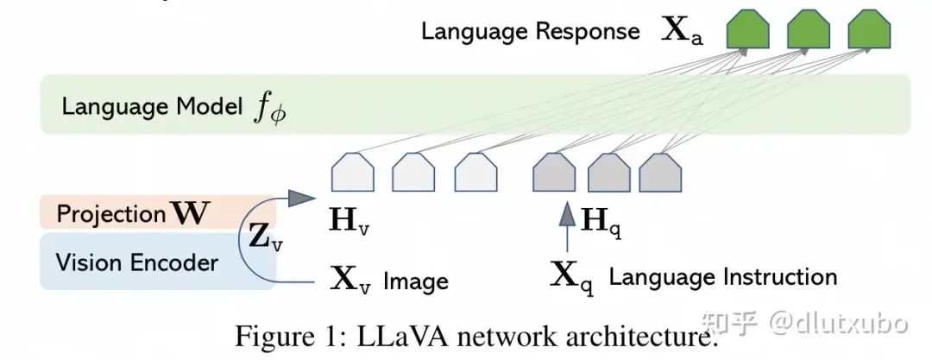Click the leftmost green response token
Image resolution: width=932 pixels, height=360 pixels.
tap(747, 32)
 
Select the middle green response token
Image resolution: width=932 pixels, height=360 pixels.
tap(809, 32)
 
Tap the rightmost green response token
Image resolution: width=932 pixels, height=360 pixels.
tap(868, 32)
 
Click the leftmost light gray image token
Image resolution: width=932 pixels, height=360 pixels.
tap(353, 174)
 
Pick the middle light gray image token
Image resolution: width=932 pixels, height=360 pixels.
tap(413, 174)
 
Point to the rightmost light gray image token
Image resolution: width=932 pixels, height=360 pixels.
tap(475, 174)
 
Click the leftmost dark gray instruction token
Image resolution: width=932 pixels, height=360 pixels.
tap(555, 174)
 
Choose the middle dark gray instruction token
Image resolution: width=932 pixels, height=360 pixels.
tap(609, 174)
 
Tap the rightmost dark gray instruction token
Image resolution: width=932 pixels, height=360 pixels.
tap(663, 174)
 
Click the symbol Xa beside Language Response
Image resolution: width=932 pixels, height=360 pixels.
tap(683, 32)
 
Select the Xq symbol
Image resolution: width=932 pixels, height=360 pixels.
tap(571, 277)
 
